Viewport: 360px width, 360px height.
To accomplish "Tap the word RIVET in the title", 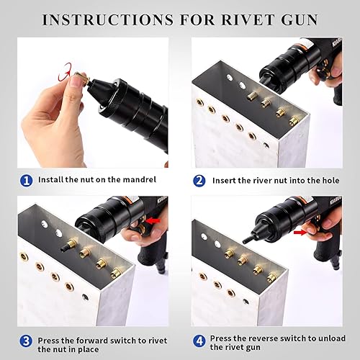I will click(x=249, y=19).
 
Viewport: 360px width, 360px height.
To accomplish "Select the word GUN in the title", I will click(x=300, y=19).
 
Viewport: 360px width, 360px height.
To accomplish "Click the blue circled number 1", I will click(x=27, y=180).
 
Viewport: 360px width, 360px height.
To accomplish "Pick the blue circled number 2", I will click(x=199, y=180).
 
